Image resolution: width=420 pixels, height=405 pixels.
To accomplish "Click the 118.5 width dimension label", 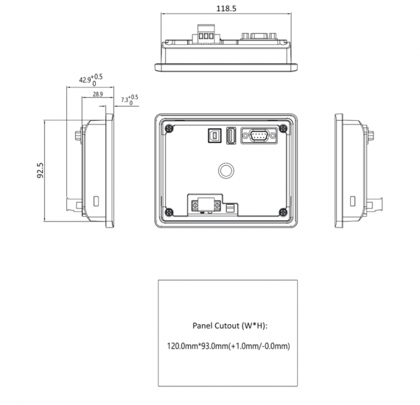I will coord(227,9).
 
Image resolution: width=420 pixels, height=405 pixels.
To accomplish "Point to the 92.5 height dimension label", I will coord(41,170).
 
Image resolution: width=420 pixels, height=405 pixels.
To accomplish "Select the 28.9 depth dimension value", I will coord(98,94).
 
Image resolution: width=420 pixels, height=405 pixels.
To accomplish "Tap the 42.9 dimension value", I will coord(85,80).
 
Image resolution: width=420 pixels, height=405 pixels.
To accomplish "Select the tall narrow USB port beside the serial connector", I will coord(230,136).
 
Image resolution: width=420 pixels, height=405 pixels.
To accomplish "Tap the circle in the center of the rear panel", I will coord(227,169).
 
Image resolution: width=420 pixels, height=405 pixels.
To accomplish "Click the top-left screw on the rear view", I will coord(168,128).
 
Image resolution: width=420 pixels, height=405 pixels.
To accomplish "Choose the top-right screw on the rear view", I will coord(283,128).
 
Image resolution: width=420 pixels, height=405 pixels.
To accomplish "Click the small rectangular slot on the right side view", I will coord(353,201).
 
